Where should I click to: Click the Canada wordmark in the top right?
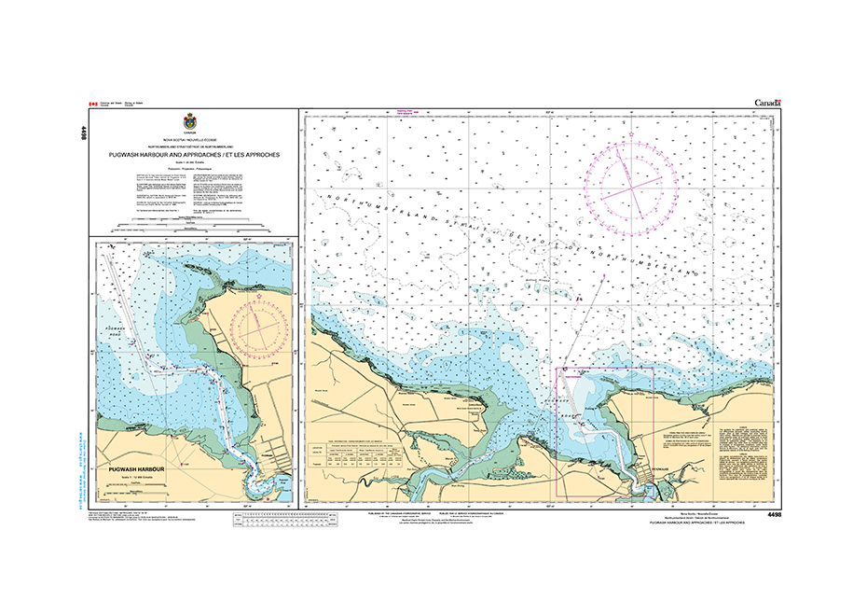click(765, 102)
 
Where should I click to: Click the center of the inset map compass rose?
click(259, 331)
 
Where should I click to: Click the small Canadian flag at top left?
click(92, 104)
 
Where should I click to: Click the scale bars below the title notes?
click(190, 227)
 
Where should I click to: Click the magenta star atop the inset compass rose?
click(259, 298)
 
